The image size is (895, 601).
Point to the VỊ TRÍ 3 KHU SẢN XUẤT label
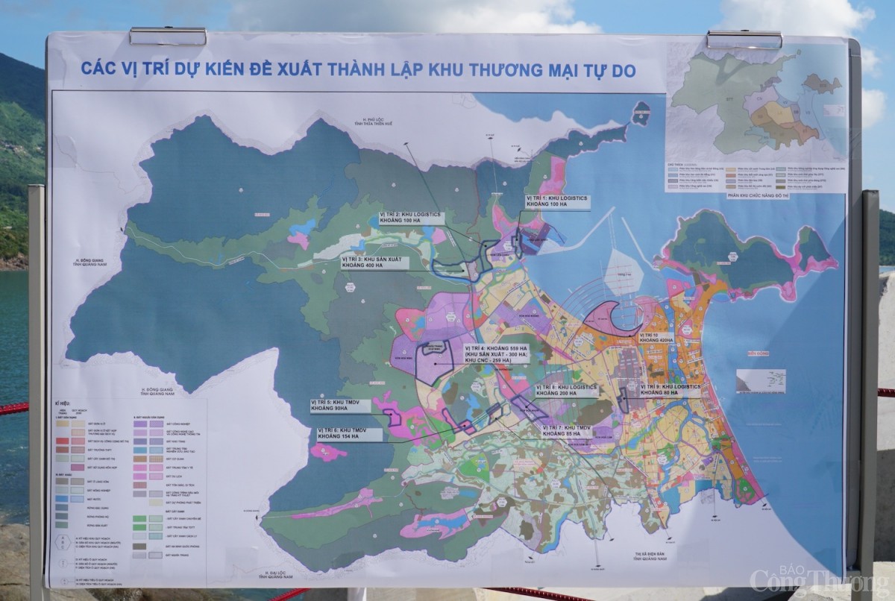pos(374,262)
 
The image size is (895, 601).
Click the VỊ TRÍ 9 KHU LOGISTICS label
pos(671,388)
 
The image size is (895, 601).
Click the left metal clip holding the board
pos(168,36)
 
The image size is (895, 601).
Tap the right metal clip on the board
pos(744,39)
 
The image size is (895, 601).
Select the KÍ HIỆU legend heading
pos(63,403)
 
